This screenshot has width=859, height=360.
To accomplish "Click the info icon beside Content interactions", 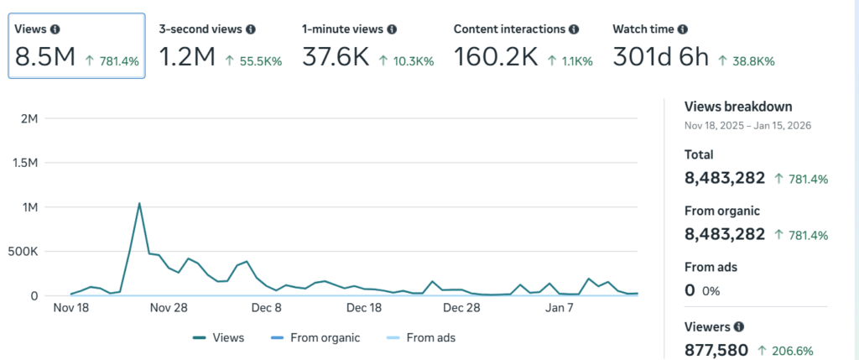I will [574, 29].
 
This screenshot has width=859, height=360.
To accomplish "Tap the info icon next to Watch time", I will [683, 29].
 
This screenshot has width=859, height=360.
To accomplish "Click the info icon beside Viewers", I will [738, 326].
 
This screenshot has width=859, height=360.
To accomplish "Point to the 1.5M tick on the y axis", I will [23, 163].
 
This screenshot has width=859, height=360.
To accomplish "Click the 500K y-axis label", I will [23, 252].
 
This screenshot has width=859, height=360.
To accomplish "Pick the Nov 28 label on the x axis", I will [169, 308].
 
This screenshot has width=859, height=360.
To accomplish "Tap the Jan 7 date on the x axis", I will [560, 308].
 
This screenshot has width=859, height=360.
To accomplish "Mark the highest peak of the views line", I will [139, 203].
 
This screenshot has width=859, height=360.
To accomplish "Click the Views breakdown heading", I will [738, 107].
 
